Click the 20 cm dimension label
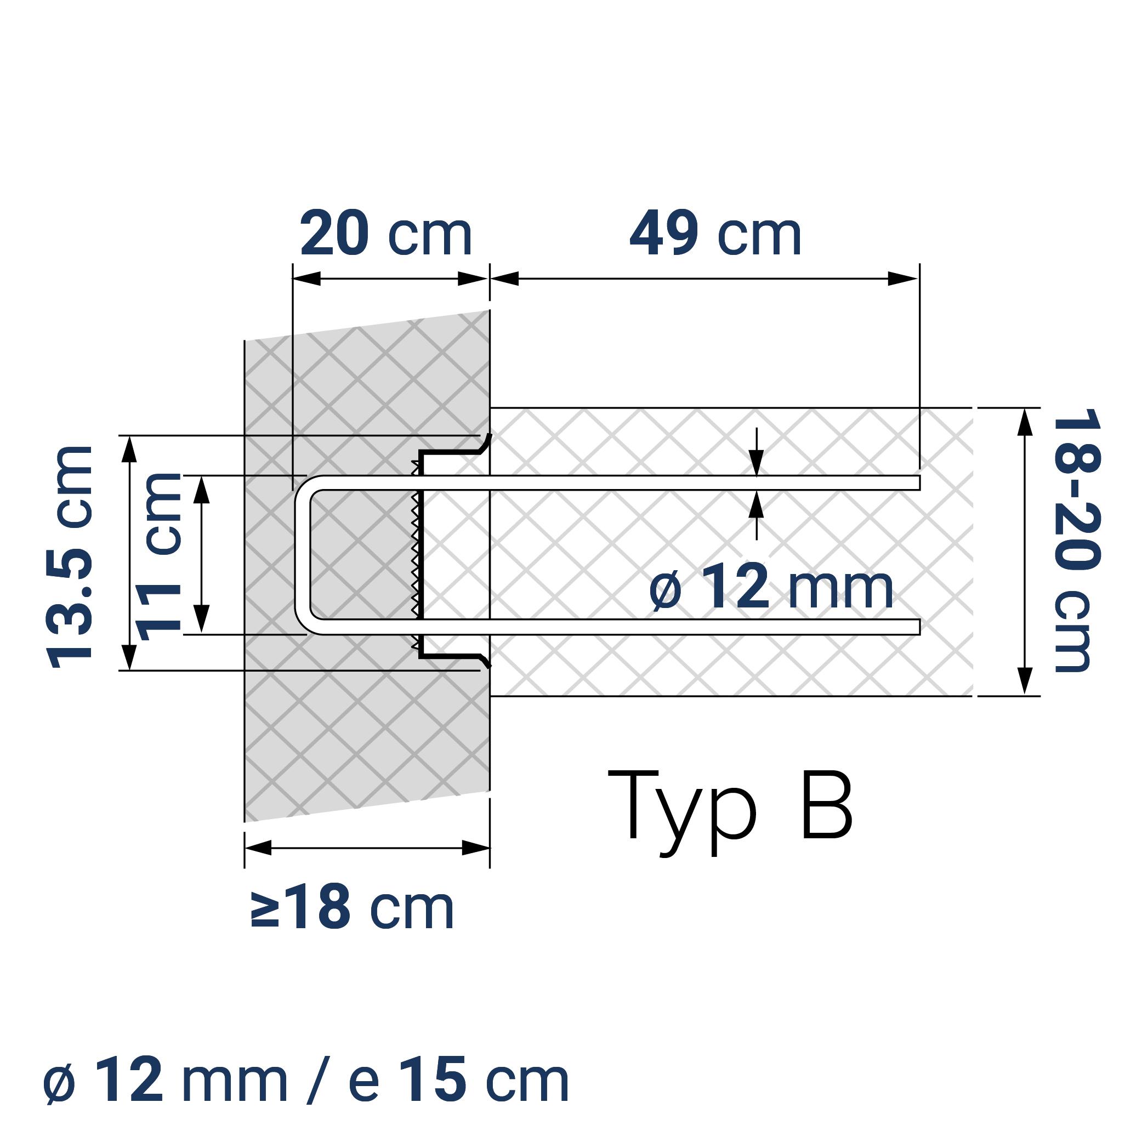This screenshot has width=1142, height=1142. pos(385,234)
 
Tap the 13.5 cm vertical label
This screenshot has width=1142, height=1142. pos(70,558)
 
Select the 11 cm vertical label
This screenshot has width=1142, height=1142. pos(158,557)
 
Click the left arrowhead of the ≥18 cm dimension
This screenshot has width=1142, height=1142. pos(258,848)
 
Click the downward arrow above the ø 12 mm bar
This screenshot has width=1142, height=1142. pos(757,462)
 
